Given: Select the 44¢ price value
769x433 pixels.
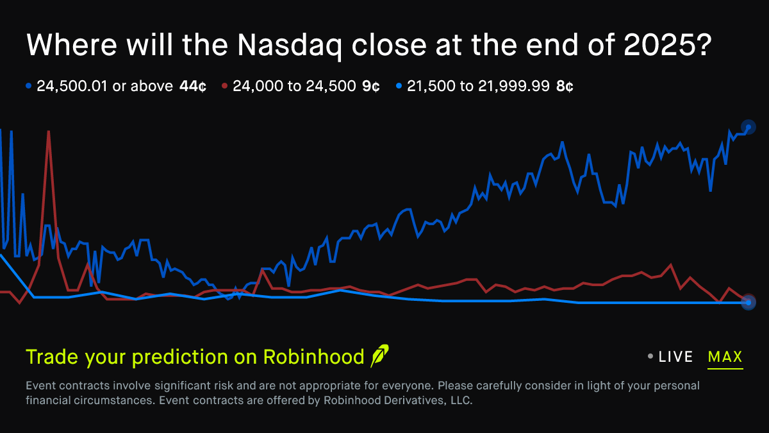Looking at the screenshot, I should click(193, 86).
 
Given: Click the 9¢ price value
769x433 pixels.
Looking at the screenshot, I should click(371, 86).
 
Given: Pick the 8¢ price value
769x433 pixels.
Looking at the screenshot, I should click(565, 86).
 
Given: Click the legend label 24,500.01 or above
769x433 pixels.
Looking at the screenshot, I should click(104, 86).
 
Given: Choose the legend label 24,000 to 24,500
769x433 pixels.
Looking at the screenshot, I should click(294, 86).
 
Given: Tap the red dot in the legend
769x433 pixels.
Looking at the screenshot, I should click(224, 86).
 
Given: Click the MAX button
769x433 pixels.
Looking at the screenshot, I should click(725, 357).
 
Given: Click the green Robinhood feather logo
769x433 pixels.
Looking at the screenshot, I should click(379, 355).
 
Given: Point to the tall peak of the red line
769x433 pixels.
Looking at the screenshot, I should click(49, 132).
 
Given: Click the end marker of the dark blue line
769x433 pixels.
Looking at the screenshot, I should click(748, 127).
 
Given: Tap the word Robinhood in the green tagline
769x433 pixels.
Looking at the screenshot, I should click(313, 357).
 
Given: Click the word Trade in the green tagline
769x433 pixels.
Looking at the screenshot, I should click(47, 357).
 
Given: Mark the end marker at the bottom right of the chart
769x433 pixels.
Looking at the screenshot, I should click(748, 303).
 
